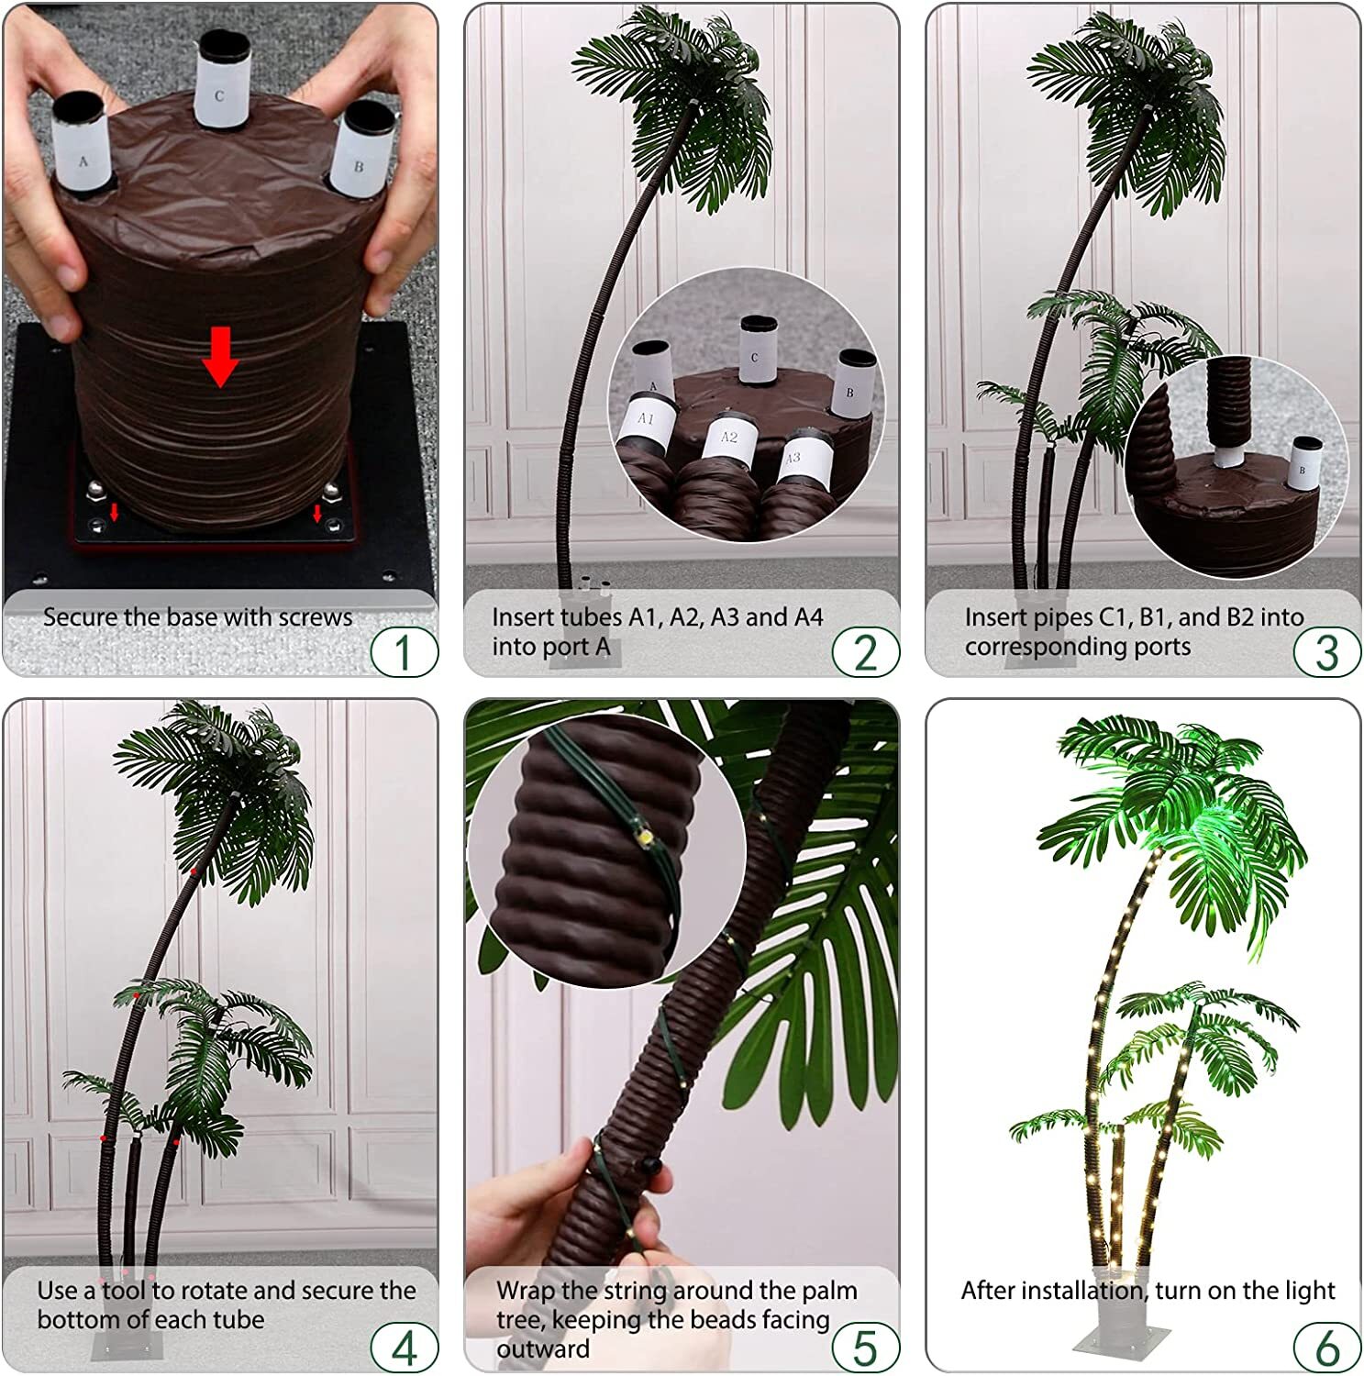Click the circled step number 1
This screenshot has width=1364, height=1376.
pos(404,652)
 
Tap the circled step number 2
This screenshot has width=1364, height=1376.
pos(865,652)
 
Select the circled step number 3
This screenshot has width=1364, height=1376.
pos(1326,652)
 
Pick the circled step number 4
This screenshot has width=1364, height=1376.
pos(404,1348)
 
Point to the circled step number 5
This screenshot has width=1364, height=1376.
pos(865,1348)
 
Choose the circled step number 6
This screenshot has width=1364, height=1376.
pos(1326,1348)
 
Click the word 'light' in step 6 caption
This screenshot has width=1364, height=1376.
pos(1309,1291)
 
